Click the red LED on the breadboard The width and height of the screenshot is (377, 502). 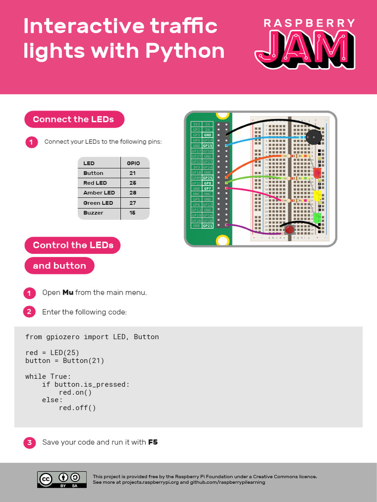[317, 173]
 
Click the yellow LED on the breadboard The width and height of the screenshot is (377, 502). [317, 196]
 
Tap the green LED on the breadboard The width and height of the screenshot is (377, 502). [317, 217]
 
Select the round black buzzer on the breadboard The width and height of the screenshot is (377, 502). [313, 138]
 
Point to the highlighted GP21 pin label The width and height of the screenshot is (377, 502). [208, 226]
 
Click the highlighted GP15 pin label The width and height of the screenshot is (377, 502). [208, 146]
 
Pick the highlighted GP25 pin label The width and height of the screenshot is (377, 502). [208, 177]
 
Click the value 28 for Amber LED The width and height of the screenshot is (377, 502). [133, 193]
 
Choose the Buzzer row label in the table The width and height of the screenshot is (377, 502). [93, 213]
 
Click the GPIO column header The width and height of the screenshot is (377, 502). [133, 163]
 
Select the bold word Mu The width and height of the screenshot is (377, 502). [68, 293]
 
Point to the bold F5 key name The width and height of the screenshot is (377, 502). [153, 442]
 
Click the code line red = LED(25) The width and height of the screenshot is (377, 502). [52, 352]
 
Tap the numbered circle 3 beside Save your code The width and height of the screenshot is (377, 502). [29, 443]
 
